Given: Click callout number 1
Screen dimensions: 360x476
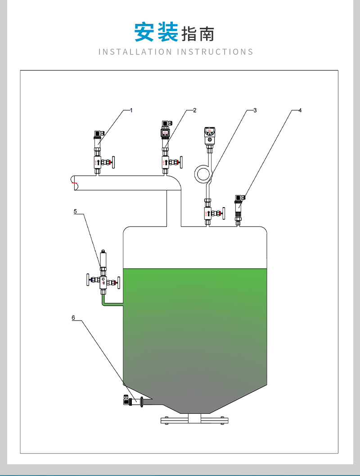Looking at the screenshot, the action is coord(131,110).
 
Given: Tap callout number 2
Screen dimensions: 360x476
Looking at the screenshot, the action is coord(195,110).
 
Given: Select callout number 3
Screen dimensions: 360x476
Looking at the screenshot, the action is coord(255,110).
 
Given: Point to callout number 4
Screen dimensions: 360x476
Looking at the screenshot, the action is coord(300,110).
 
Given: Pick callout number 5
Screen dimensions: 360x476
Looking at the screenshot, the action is coord(75,211).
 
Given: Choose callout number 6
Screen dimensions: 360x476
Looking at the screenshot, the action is coord(73,317).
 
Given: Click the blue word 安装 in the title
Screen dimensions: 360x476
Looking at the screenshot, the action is coord(156,32).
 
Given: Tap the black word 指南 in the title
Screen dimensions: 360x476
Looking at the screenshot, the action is coord(198,34).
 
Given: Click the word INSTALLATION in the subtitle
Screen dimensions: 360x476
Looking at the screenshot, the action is coord(135,52).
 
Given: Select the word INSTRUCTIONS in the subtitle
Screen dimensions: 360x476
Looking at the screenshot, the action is coord(215,52).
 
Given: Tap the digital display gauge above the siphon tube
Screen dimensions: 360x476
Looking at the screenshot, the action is coord(210,136).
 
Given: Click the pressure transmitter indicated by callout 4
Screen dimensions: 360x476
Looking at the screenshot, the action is coord(239,209).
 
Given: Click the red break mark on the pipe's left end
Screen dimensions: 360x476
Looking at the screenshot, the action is coord(74,183).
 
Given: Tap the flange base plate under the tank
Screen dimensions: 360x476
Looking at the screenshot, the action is coord(194,420).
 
